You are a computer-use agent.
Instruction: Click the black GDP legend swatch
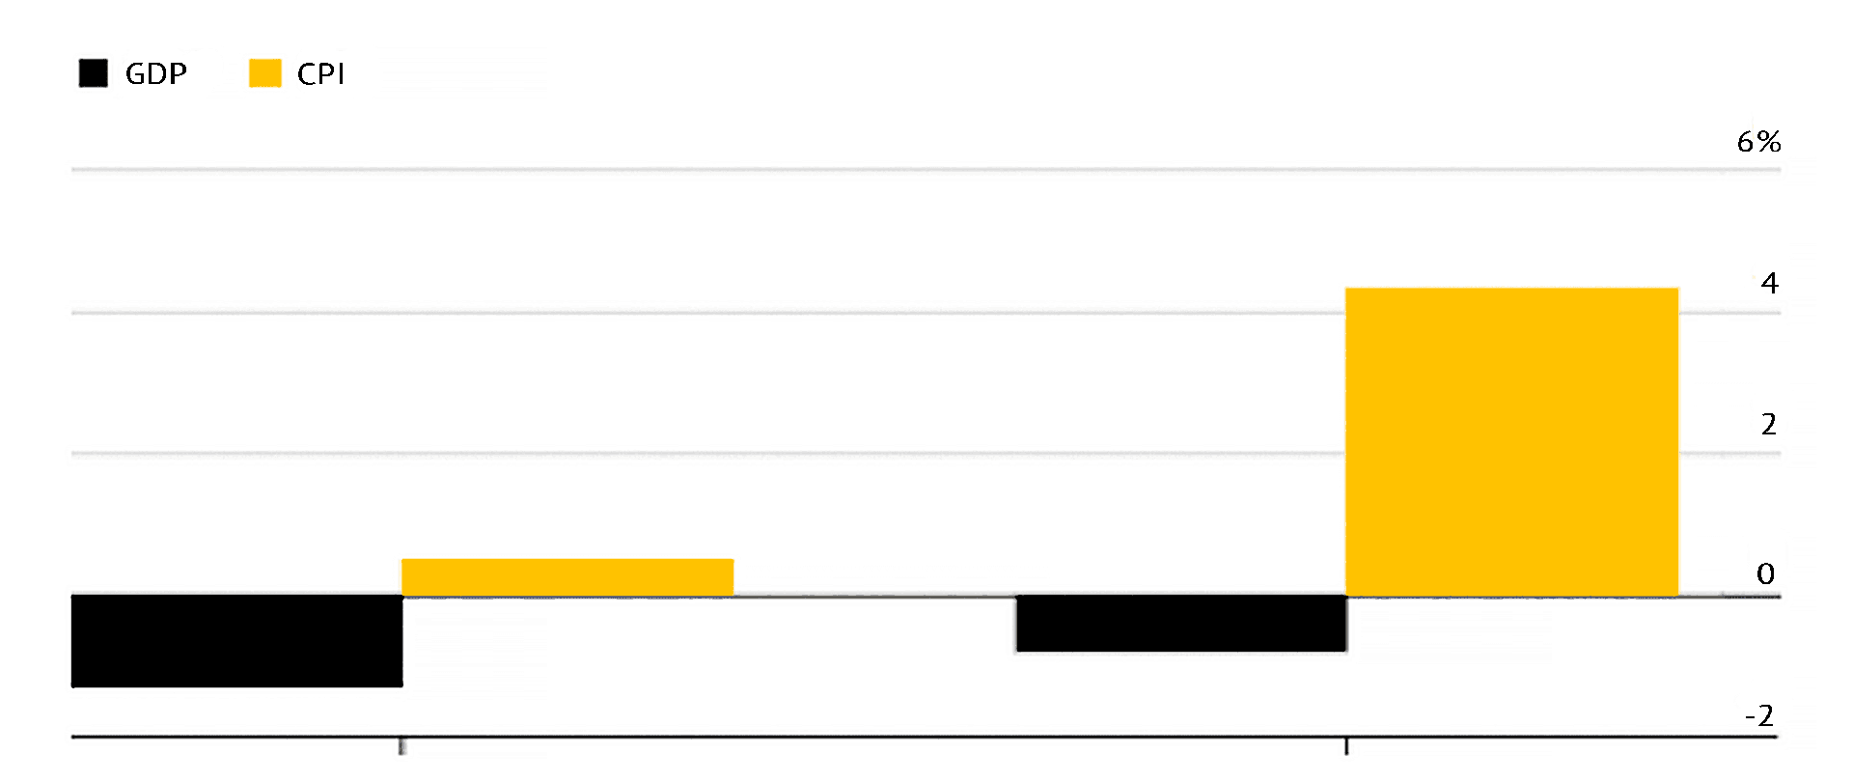pos(94,73)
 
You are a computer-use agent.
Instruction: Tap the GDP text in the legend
pos(156,74)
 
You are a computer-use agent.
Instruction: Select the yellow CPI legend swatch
pos(265,73)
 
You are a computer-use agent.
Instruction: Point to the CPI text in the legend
pos(320,74)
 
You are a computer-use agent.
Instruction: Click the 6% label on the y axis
pos(1758,142)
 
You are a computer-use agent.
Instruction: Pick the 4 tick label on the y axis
pos(1769,283)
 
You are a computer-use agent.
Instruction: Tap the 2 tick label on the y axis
pos(1768,424)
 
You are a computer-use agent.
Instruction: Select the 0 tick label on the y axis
pos(1765,573)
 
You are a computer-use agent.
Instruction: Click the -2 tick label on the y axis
pos(1759,715)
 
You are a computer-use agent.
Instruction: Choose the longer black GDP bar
pos(237,640)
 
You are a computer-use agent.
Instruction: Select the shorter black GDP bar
pos(1181,624)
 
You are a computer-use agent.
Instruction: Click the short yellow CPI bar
pos(567,577)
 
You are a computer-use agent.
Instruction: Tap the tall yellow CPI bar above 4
pos(1511,441)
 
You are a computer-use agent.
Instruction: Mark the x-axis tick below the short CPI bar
pos(401,746)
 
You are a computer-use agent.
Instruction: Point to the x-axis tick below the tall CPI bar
pos(1346,746)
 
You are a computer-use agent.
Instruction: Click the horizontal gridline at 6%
pos(869,170)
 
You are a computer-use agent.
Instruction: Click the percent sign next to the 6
pos(1769,142)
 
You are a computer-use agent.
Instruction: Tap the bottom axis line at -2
pos(869,738)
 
